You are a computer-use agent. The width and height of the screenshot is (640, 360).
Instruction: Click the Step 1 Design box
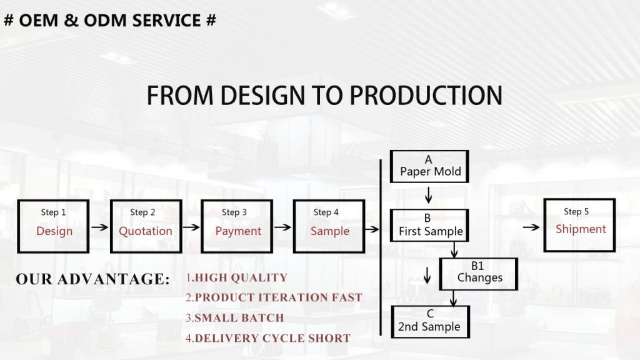(53, 226)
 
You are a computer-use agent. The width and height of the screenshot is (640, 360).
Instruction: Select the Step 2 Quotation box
(146, 226)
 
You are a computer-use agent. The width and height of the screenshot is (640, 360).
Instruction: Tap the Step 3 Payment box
(237, 226)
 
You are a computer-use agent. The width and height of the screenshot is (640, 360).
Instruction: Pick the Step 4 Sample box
(329, 226)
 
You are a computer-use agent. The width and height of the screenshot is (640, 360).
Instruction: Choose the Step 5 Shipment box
(579, 225)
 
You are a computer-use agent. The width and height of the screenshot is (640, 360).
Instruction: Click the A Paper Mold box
(429, 166)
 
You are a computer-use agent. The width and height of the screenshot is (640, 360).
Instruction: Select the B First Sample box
(429, 225)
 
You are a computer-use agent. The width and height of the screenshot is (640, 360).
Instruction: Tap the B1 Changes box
(479, 274)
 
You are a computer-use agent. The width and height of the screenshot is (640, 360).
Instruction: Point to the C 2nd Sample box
(430, 322)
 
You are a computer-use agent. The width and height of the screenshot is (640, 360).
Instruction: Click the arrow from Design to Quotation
(99, 227)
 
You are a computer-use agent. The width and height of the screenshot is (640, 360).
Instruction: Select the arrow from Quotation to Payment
(191, 227)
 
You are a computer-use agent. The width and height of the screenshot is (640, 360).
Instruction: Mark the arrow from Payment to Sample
(283, 227)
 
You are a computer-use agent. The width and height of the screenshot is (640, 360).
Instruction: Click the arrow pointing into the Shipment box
(531, 227)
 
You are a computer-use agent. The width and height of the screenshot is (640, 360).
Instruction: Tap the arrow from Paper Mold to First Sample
(428, 195)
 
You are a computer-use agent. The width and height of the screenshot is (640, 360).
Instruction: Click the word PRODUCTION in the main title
(426, 96)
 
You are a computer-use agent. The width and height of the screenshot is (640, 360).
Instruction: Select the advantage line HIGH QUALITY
(237, 277)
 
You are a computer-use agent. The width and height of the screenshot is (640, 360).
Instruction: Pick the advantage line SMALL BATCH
(235, 318)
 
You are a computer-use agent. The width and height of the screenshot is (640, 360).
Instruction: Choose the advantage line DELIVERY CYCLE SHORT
(268, 338)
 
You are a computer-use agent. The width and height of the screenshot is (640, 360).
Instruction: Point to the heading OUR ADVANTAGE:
(92, 279)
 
